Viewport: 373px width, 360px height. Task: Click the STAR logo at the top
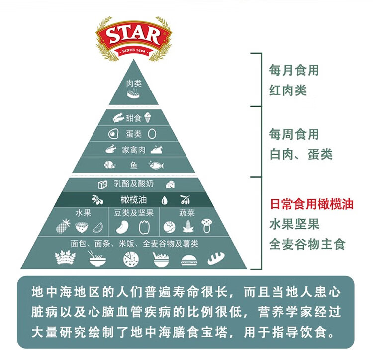click(x=134, y=36)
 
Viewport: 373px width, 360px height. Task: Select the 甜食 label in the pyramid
click(x=134, y=118)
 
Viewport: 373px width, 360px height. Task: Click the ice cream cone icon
click(x=148, y=118)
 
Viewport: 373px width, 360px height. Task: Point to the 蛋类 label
click(x=134, y=134)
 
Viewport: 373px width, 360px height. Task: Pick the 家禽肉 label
click(x=134, y=149)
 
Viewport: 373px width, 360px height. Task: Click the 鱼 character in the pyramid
click(x=134, y=165)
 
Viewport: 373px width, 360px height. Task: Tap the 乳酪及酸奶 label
click(x=134, y=184)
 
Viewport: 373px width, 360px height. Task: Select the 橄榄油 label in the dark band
click(x=133, y=200)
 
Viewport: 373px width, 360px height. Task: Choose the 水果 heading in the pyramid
click(x=83, y=213)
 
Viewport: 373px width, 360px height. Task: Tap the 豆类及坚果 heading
click(x=134, y=213)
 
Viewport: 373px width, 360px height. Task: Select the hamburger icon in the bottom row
click(x=189, y=260)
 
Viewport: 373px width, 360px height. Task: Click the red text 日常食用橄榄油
click(x=311, y=204)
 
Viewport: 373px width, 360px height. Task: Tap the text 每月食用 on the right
click(x=293, y=70)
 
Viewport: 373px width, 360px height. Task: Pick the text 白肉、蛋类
click(x=300, y=154)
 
